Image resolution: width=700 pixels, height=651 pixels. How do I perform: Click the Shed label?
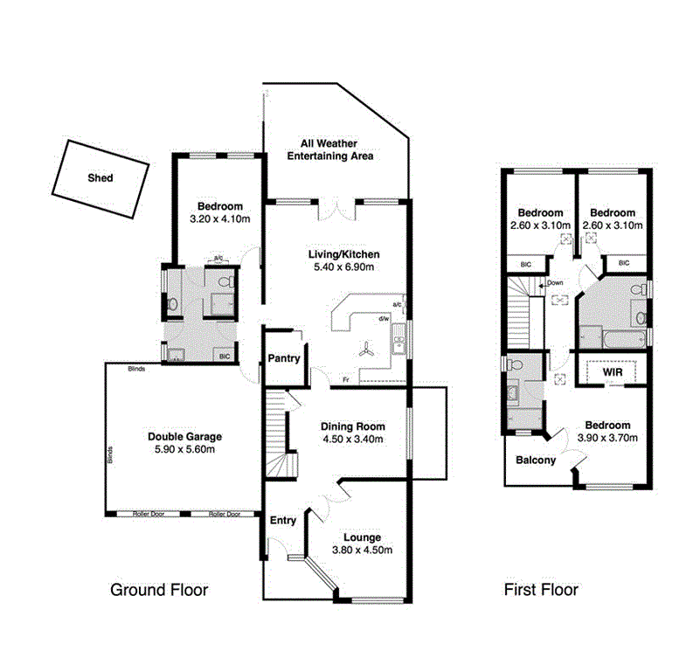tap(100, 177)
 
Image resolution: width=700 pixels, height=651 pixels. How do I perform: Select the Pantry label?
tap(285, 358)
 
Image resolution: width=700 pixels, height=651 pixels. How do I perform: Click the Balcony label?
tap(536, 461)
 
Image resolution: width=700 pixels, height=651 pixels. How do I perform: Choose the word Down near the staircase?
tap(556, 283)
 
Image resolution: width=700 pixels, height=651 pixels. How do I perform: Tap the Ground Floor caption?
tap(159, 590)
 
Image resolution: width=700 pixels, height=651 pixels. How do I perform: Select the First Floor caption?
tap(541, 590)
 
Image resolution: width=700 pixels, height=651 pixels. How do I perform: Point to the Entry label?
tap(283, 520)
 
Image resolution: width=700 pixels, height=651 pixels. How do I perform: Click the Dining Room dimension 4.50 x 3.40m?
tap(349, 440)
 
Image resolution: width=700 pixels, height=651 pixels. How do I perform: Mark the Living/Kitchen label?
tap(343, 254)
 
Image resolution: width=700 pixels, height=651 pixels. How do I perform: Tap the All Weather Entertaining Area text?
tap(336, 149)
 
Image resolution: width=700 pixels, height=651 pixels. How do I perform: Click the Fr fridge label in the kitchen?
tap(346, 380)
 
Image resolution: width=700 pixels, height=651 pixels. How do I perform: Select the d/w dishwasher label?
tap(383, 319)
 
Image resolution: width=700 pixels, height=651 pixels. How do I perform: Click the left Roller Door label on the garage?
tap(148, 515)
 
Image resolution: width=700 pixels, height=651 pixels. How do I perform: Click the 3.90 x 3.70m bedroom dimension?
tap(606, 438)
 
